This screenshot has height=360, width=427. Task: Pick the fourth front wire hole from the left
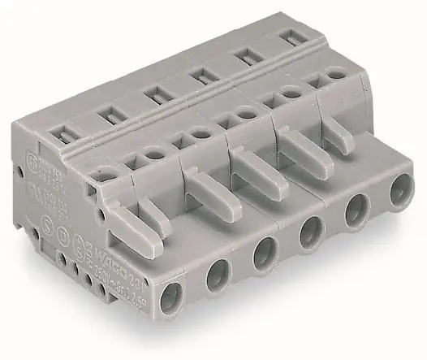[x=309, y=232]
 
